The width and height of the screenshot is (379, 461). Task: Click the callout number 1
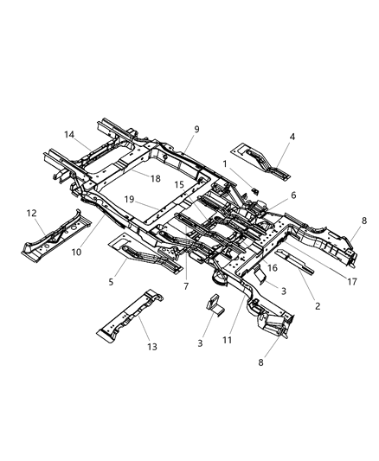point(224,163)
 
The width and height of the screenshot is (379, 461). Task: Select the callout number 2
point(318,305)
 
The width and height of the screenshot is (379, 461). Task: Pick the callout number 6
point(269,195)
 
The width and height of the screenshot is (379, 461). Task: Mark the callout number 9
point(196,129)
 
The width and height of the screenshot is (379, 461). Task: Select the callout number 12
point(32,213)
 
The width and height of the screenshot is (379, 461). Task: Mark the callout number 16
point(271,269)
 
